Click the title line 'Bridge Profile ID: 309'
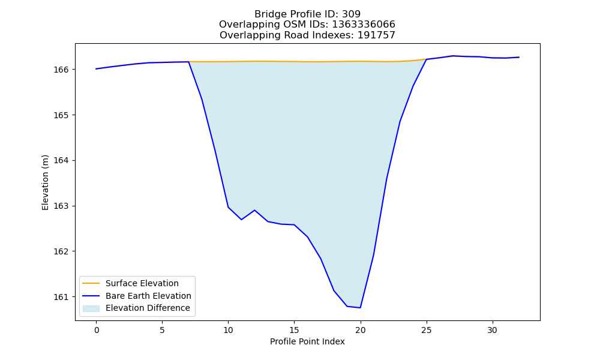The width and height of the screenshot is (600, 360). [307, 14]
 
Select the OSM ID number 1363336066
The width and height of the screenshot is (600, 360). [364, 25]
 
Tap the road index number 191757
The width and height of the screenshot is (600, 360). [376, 35]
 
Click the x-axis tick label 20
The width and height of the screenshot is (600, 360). [361, 330]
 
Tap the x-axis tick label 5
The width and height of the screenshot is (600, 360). [162, 330]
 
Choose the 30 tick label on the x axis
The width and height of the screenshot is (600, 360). [493, 330]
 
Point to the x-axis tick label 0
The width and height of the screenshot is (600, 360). [97, 330]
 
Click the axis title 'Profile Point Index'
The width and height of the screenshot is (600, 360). [307, 341]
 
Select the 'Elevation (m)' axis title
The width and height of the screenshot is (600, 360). [45, 182]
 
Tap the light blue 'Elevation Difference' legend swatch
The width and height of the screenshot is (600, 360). [91, 308]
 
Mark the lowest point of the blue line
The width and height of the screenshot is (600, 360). [361, 308]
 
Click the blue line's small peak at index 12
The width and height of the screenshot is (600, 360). [254, 210]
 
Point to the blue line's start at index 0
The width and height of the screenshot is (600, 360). [97, 69]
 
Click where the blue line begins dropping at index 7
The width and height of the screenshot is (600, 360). [188, 62]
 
